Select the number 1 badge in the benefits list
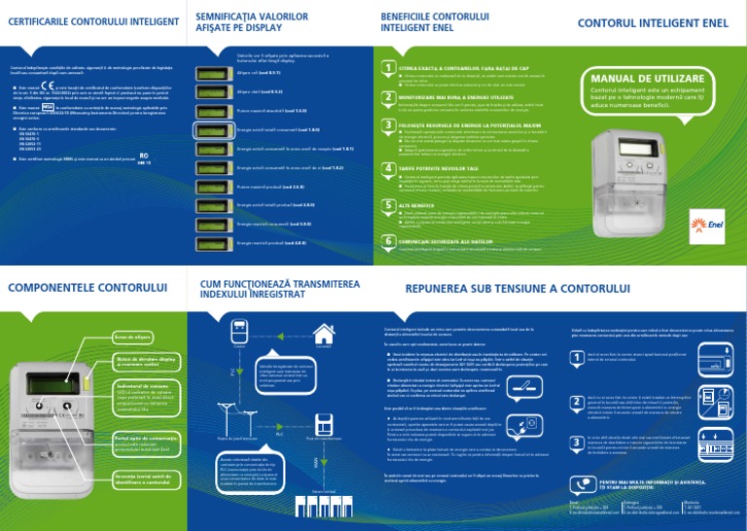coord(389,68)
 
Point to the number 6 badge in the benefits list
coord(389,240)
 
